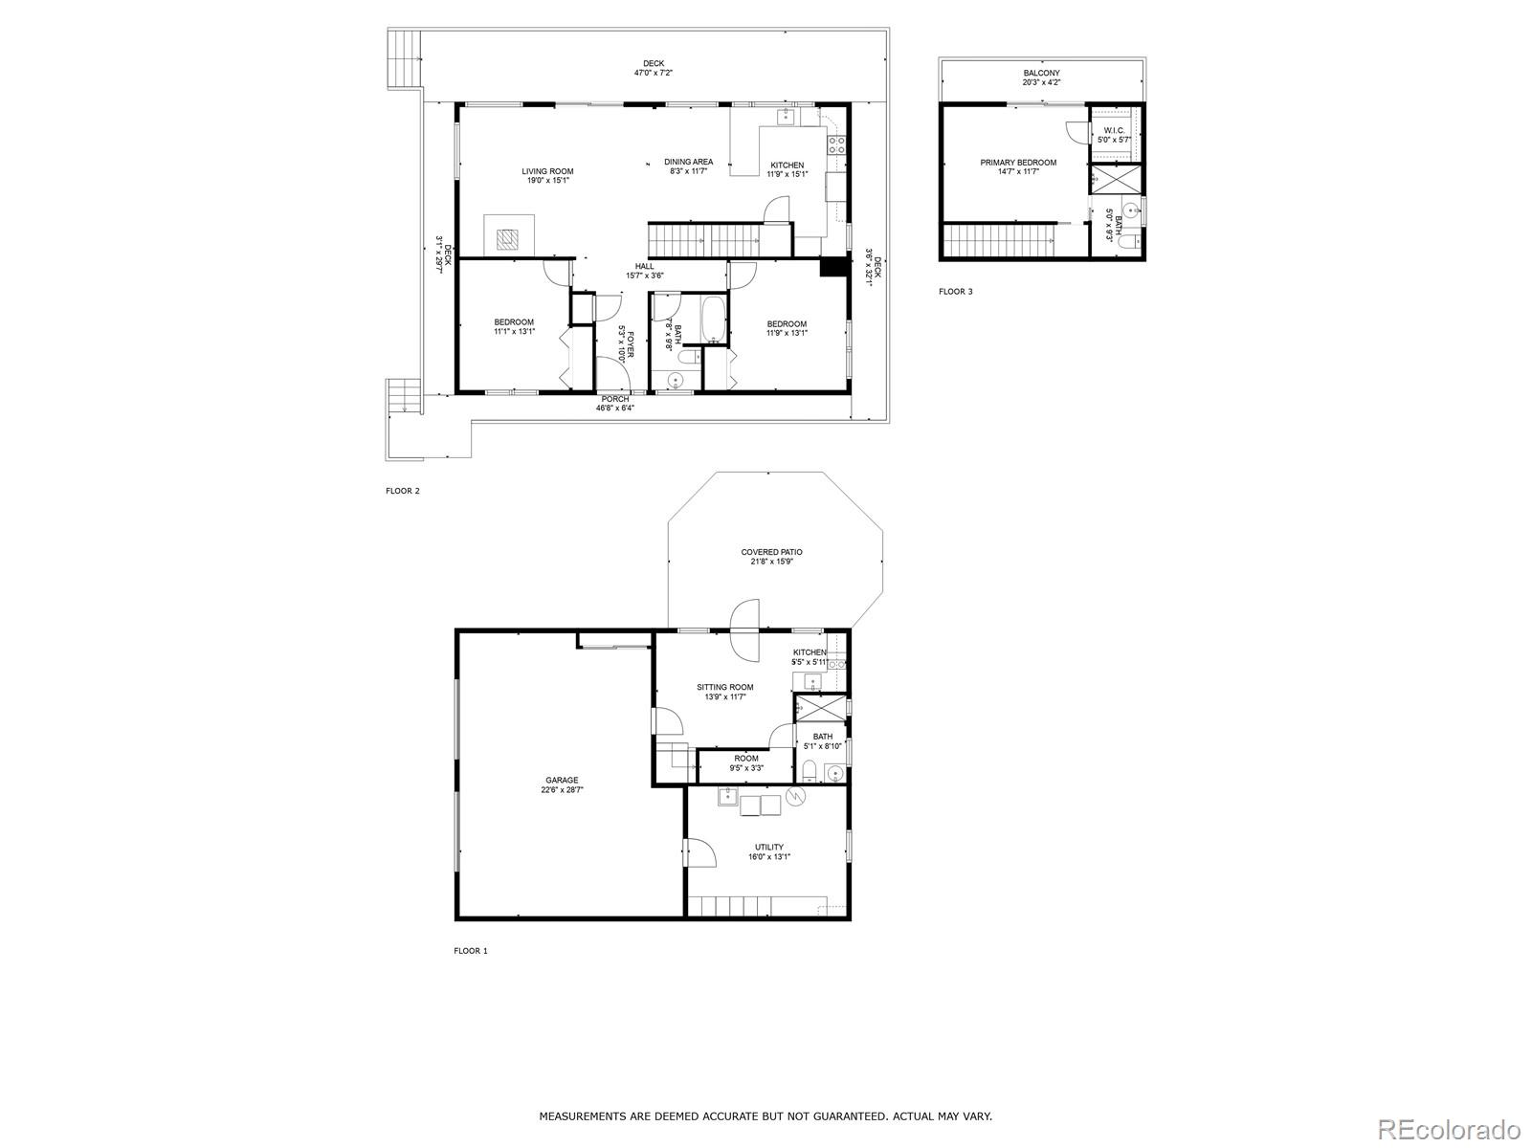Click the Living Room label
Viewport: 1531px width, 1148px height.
547,172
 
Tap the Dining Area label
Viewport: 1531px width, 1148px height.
689,163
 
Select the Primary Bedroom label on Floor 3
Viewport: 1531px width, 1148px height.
1018,163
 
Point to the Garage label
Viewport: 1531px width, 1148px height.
562,781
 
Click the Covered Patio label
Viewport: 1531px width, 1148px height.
771,552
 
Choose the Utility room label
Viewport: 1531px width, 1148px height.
769,848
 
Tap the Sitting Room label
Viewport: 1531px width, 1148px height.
724,687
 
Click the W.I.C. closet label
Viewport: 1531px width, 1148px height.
1114,130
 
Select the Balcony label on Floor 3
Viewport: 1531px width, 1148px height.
1041,73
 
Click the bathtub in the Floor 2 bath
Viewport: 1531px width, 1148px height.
713,321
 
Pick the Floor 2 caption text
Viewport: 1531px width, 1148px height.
403,491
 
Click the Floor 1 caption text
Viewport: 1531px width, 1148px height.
471,951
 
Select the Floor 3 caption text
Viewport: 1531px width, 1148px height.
955,292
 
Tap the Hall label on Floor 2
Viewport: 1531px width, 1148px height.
645,267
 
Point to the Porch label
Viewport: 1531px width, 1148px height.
615,399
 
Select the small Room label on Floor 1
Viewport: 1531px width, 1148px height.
746,759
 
